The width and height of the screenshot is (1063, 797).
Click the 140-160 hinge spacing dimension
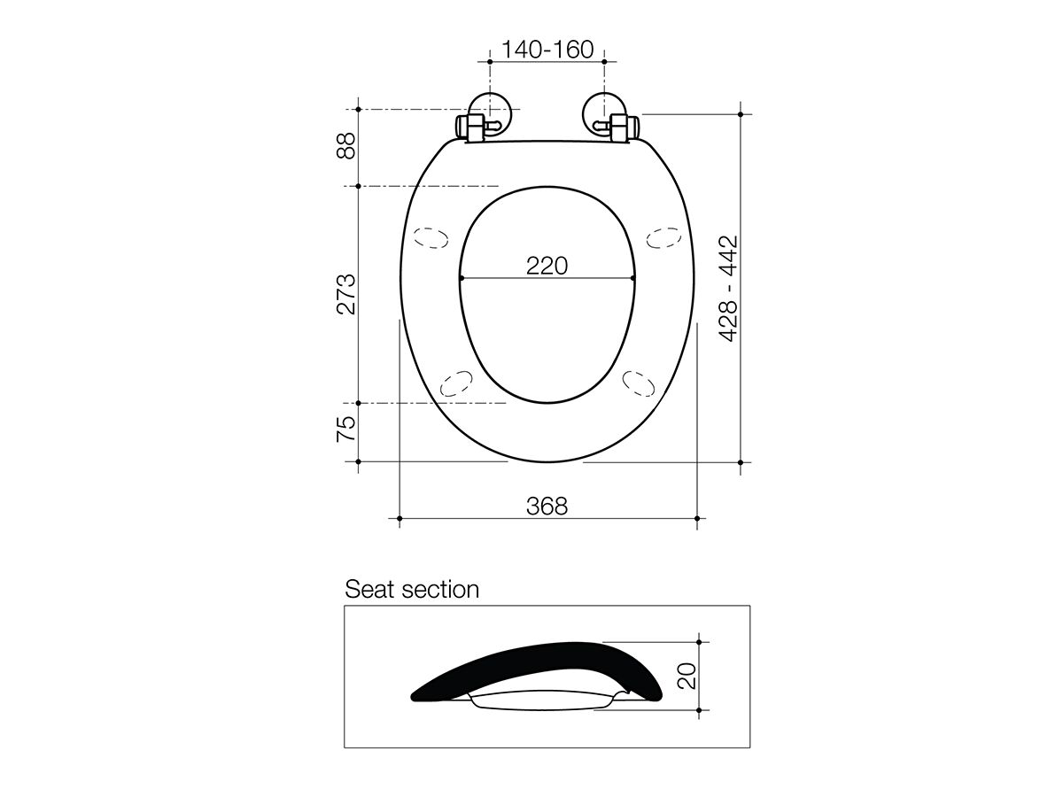pyautogui.click(x=547, y=50)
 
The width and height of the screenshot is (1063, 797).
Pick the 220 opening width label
pyautogui.click(x=547, y=265)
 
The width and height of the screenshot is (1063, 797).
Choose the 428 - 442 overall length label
pyautogui.click(x=728, y=289)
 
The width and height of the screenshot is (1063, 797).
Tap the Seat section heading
pyautogui.click(x=412, y=590)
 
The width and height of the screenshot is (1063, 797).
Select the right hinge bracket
pyautogui.click(x=620, y=127)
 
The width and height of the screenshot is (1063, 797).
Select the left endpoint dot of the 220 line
pyautogui.click(x=462, y=279)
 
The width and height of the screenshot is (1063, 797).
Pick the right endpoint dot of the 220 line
pyautogui.click(x=633, y=279)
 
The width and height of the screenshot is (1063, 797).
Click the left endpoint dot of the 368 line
pyautogui.click(x=400, y=518)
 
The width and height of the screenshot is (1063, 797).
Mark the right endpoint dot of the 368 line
pyautogui.click(x=697, y=518)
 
